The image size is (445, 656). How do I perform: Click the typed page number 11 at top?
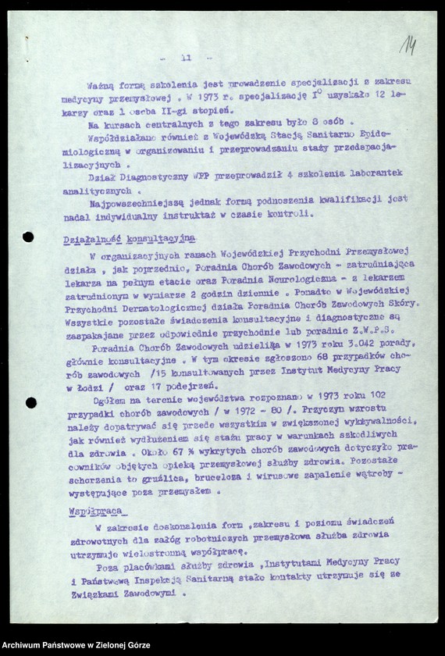coord(186,58)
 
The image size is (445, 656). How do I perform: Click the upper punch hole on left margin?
coord(28,237)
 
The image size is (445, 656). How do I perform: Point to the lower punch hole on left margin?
coord(30,402)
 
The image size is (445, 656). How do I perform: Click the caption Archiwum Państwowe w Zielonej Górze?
coord(76,646)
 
